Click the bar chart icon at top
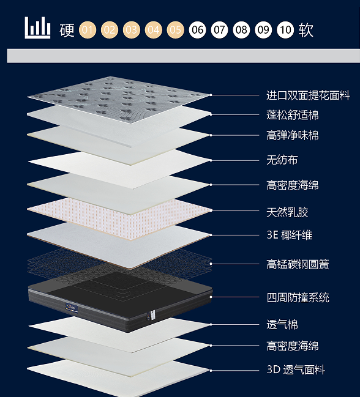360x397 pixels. pos(37,28)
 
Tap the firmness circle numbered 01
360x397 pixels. pos(88,30)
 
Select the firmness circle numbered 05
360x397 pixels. pos(175,30)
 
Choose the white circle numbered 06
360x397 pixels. pos(197,30)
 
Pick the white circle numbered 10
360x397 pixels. pos(285,30)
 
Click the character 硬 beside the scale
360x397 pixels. pos(67,30)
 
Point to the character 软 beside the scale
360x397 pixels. pos(306,30)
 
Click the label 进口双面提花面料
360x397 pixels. pos(308,95)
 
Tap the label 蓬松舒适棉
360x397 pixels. pos(293,114)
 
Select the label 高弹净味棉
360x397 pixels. pos(293,135)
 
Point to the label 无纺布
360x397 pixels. pos(282,160)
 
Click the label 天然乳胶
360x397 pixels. pos(287,212)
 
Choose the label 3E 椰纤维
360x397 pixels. pos(290,235)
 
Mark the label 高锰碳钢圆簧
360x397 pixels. pos(298,264)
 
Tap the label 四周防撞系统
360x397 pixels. pos(298,297)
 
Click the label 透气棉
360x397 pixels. pos(282,325)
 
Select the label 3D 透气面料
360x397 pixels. pos(296,369)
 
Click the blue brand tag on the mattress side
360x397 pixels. pos(72,307)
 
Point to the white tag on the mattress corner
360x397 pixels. pos(152,314)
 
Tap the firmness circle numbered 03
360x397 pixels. pos(131,30)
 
